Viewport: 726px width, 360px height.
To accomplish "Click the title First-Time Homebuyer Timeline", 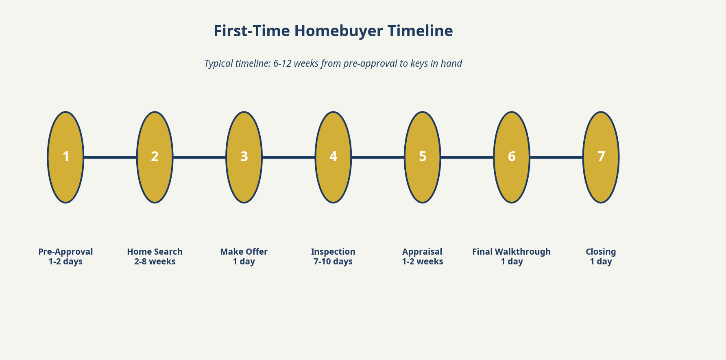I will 333,31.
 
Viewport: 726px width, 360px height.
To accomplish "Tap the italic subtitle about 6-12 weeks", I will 333,63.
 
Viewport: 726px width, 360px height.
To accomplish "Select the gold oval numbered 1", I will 65,157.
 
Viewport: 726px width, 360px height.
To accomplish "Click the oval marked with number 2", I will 155,157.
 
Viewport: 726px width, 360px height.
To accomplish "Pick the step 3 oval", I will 244,157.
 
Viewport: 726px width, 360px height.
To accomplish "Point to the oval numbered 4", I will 333,157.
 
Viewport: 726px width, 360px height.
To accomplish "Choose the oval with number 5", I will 423,157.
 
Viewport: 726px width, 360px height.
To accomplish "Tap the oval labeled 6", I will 512,157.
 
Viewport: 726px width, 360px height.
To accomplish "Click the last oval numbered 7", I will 601,157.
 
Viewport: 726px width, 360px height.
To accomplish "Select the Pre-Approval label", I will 65,252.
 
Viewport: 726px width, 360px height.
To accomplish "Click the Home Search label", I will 155,252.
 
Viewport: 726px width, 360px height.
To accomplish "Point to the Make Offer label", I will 244,252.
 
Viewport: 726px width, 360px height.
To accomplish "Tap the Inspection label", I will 333,252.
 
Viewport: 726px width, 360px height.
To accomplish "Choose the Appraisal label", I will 422,252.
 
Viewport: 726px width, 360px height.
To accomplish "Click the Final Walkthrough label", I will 511,252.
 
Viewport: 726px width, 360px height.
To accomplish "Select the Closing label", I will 601,252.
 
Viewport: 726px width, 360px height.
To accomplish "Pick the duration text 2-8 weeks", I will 155,262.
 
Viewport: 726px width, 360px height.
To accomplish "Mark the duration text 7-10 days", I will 333,262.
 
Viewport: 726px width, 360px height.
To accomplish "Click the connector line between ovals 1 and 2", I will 110,157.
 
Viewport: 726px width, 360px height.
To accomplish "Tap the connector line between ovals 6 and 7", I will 556,157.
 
